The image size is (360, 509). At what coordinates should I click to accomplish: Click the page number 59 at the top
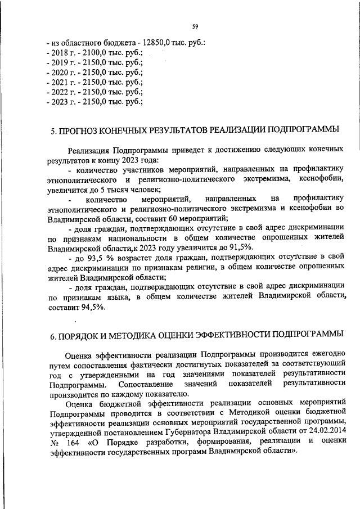click(x=195, y=26)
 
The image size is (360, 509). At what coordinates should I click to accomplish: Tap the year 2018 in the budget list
click(x=61, y=52)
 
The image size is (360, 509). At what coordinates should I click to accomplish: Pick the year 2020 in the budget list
click(x=61, y=73)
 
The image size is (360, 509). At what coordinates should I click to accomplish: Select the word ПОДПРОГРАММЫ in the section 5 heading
click(x=306, y=130)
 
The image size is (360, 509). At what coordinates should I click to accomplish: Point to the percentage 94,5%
click(x=90, y=307)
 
